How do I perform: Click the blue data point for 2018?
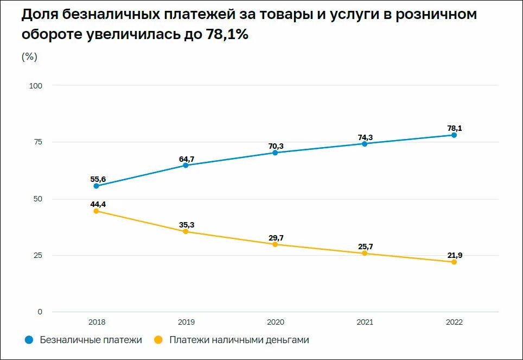(96, 186)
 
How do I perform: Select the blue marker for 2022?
(454, 135)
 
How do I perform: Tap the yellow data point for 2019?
(186, 231)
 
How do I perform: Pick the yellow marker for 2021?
(365, 253)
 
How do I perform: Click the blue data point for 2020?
(275, 153)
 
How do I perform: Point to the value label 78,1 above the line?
(455, 128)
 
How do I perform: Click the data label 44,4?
(96, 204)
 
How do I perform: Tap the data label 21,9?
(455, 255)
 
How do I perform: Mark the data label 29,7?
(275, 237)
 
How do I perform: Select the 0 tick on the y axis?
(39, 312)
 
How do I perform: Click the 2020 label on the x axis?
(275, 322)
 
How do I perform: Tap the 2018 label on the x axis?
(96, 322)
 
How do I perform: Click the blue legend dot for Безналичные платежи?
(29, 340)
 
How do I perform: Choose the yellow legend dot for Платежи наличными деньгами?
(158, 340)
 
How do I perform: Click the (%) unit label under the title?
(29, 56)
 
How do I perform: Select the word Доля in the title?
(40, 15)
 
